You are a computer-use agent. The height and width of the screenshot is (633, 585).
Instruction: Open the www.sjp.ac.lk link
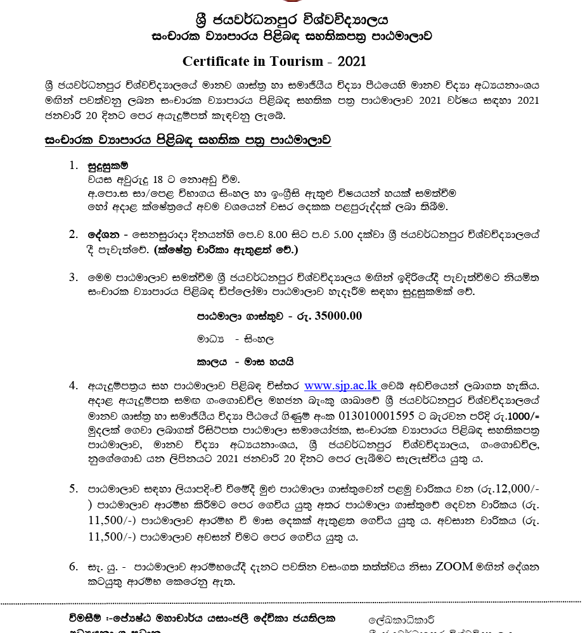point(341,385)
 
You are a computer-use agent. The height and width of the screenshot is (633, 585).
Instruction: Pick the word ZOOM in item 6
point(455,566)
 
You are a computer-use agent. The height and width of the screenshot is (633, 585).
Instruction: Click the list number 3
point(74,277)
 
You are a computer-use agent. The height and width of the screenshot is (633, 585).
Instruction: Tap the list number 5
point(74,489)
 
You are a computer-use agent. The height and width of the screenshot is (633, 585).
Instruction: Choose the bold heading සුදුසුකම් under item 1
point(108,166)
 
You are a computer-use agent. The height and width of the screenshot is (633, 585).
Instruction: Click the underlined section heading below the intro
point(188,139)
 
